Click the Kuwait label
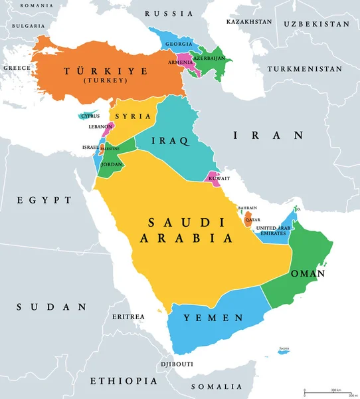tap(219, 178)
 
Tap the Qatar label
tap(252, 219)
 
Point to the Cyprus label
tap(90, 116)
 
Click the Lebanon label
tap(100, 126)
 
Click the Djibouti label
tap(177, 364)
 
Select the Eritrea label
tap(128, 317)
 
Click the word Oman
tap(308, 273)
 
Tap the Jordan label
tap(111, 164)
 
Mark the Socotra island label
tap(284, 348)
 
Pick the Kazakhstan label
tap(249, 21)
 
